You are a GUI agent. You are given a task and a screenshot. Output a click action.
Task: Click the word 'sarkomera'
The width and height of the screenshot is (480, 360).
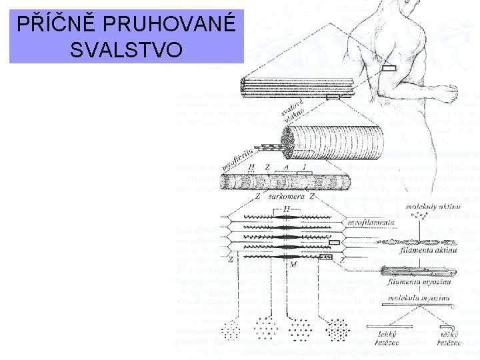(x=285, y=197)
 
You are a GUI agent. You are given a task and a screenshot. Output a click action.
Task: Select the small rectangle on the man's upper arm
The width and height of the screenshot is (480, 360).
(x=389, y=68)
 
